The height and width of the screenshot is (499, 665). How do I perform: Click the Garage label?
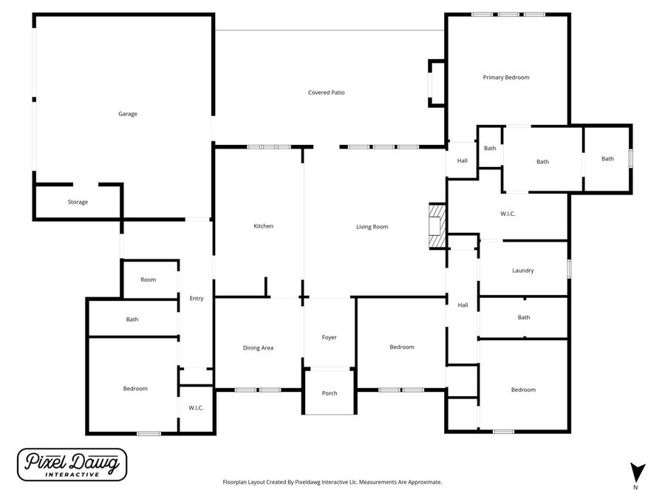(x=128, y=114)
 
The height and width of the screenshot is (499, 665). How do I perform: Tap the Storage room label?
(x=78, y=202)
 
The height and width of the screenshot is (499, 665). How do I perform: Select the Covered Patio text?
(x=326, y=92)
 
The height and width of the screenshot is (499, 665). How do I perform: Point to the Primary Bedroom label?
(x=506, y=77)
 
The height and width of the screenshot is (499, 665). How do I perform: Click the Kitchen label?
(x=264, y=226)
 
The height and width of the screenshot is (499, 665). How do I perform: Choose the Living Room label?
(x=372, y=227)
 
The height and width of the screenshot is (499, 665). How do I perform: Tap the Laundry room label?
(x=522, y=271)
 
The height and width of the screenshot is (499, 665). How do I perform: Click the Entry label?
(x=196, y=299)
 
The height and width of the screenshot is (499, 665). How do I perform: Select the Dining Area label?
(x=258, y=347)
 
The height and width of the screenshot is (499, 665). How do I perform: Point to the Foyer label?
(x=329, y=337)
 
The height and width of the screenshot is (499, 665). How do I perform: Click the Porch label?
(x=330, y=393)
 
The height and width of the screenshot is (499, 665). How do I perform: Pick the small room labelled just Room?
(x=149, y=279)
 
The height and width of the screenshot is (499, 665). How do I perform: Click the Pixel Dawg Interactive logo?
(x=72, y=465)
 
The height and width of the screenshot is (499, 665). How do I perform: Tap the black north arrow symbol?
(x=638, y=472)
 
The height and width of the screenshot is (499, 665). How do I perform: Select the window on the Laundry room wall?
(x=569, y=269)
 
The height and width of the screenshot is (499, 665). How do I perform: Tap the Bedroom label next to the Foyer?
(x=402, y=347)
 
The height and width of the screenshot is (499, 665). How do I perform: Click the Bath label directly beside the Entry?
(x=132, y=319)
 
